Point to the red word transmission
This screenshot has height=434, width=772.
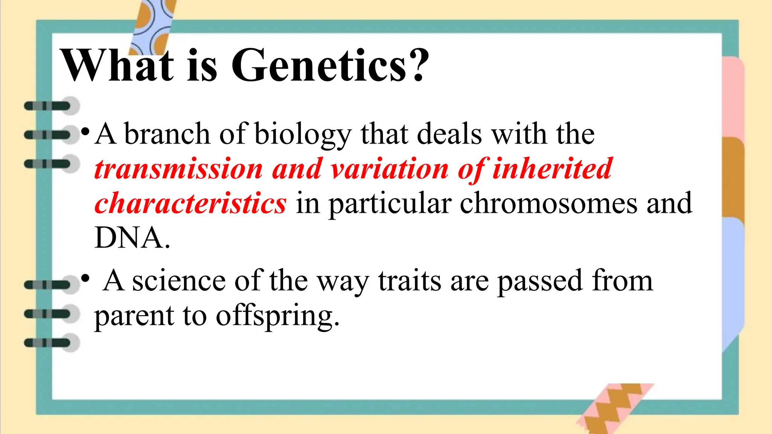tap(178, 169)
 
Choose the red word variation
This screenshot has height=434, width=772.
tap(389, 169)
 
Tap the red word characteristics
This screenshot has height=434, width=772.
tap(190, 203)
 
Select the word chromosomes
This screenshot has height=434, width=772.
tap(548, 203)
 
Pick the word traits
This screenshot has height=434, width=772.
tap(409, 281)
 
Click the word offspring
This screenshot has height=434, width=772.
tap(277, 316)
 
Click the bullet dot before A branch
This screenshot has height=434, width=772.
tap(86, 132)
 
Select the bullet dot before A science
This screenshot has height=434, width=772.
tap(86, 279)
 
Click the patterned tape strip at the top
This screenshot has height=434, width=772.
tap(153, 26)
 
